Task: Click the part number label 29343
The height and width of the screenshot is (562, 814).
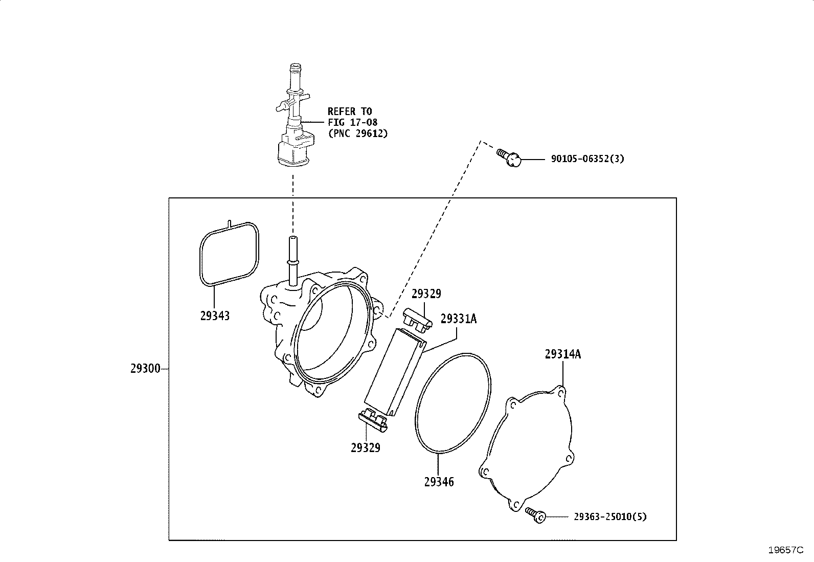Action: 215,316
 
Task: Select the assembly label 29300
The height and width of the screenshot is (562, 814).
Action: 145,369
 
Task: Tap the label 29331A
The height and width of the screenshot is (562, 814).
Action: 459,319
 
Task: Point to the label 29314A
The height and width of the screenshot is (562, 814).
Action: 562,354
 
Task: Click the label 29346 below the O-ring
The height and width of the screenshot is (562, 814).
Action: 439,482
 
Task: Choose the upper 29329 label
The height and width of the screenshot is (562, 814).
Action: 426,294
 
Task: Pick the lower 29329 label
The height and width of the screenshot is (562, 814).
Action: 366,447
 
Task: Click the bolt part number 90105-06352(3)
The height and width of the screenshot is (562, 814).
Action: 587,159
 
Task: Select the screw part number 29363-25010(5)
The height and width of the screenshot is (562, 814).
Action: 610,516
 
